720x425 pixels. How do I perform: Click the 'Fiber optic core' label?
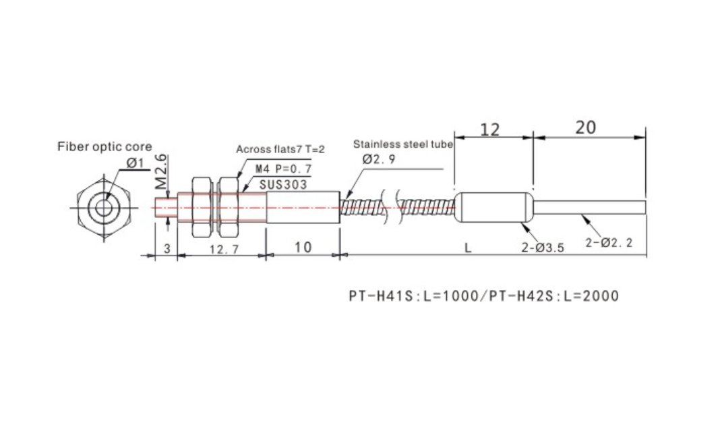pos(104,147)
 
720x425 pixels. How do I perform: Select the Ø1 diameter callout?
pos(136,163)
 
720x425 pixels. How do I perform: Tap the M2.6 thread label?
pos(160,172)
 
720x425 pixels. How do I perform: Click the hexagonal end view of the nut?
pos(104,208)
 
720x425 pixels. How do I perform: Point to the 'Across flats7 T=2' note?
pos(280,149)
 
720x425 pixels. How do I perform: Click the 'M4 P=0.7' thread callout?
pos(283,169)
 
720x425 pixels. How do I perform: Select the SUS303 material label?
pos(283,185)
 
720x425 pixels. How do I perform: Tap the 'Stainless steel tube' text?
pos(402,144)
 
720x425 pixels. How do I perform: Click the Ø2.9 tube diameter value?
pos(378,159)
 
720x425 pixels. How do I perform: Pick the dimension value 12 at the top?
pos(489,130)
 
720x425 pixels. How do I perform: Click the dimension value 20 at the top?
pos(585,128)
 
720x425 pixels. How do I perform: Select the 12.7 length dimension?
pos(224,250)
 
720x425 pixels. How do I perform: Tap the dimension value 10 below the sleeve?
pos(303,247)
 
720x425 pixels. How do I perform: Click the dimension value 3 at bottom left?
pos(167,248)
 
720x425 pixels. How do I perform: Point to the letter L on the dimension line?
pos(467,248)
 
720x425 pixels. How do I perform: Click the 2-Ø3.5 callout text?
pos(542,248)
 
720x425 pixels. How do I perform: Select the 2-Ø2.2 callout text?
pos(609,242)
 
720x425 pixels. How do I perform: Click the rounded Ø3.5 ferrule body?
pos(493,207)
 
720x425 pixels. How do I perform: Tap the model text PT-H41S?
pos(382,296)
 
